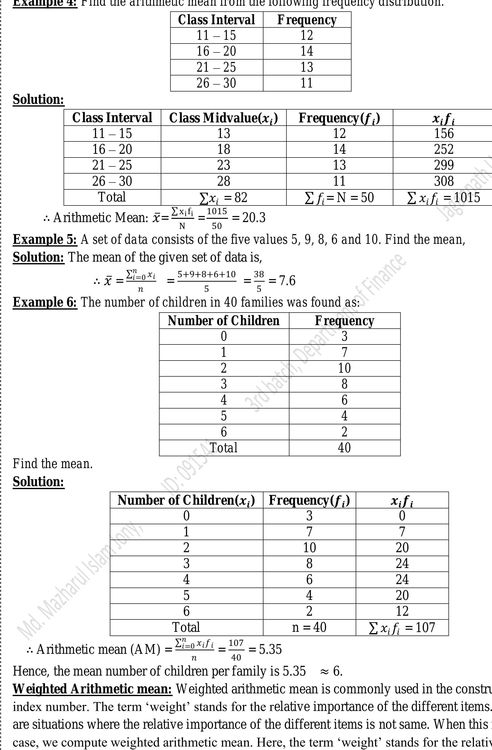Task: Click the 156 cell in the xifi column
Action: point(444,134)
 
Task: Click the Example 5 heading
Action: point(45,240)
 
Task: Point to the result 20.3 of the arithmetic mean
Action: point(254,218)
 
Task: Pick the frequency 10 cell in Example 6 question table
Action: point(344,368)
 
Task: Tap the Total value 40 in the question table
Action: point(344,448)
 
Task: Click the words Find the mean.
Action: point(53,464)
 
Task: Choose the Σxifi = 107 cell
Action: point(402,627)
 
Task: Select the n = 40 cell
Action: point(309,627)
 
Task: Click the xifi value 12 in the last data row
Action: point(402,611)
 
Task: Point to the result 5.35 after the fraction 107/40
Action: point(270,649)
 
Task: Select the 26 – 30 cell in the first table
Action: point(216,83)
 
